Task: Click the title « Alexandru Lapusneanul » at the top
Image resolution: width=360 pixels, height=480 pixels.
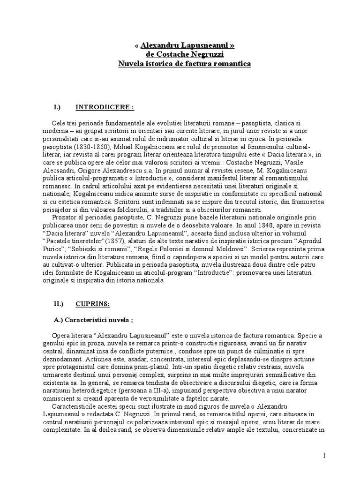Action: (x=184, y=45)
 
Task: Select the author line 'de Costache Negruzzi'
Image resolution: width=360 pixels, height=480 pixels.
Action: (x=184, y=54)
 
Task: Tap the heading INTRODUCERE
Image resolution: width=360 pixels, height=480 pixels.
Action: (x=105, y=107)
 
